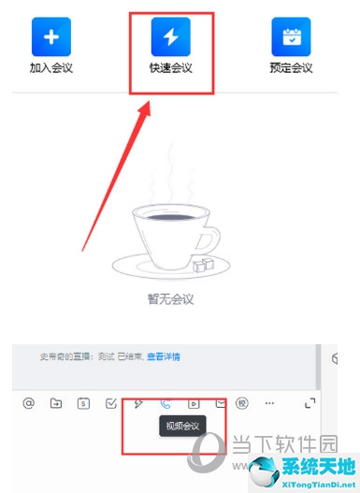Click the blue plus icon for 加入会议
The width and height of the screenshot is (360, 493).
[x=51, y=37]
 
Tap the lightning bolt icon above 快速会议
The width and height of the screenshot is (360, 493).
[x=171, y=36]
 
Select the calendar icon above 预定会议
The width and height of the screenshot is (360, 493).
[x=291, y=36]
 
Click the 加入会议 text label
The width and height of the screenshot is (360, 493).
[x=51, y=67]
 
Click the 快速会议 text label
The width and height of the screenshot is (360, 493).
[x=171, y=67]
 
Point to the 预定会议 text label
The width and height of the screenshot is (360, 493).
[x=291, y=67]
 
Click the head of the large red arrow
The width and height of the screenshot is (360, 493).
[x=146, y=108]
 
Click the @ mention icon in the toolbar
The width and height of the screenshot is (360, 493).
[x=29, y=403]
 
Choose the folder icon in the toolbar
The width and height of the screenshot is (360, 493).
[x=56, y=403]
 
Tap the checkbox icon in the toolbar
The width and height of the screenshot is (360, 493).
[x=111, y=403]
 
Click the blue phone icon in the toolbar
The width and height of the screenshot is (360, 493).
[x=166, y=403]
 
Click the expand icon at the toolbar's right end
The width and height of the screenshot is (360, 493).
[x=310, y=403]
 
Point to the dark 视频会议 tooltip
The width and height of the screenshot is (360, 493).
[x=182, y=427]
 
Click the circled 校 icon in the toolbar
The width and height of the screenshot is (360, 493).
[x=241, y=403]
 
